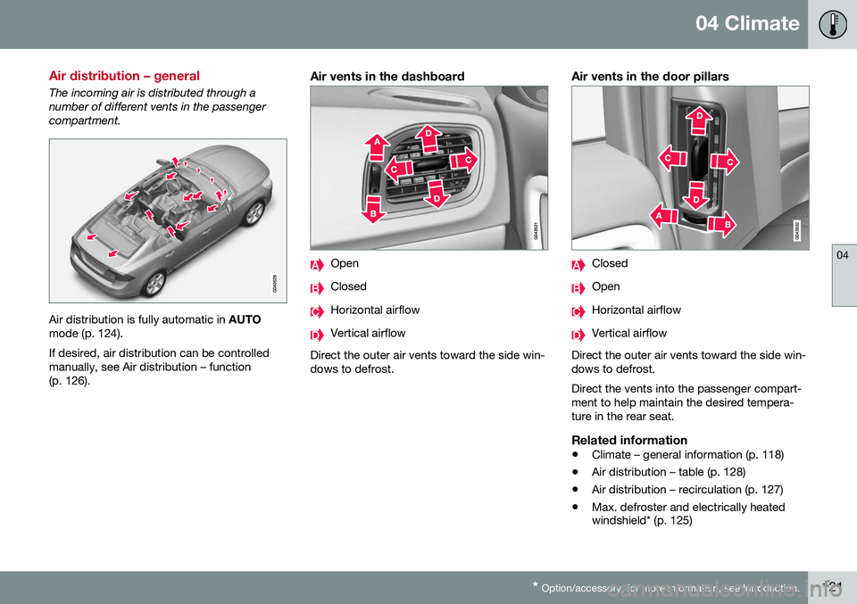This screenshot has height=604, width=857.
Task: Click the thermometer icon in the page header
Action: [x=829, y=24]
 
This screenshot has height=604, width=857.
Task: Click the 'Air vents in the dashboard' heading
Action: [x=387, y=77]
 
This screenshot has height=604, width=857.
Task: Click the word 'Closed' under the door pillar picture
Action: [x=610, y=264]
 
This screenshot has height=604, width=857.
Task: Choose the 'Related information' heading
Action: [x=628, y=440]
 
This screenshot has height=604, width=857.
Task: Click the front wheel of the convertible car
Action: [x=255, y=212]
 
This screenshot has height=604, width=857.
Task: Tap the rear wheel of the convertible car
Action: [x=153, y=283]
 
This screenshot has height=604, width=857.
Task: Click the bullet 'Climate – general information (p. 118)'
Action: [x=687, y=455]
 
